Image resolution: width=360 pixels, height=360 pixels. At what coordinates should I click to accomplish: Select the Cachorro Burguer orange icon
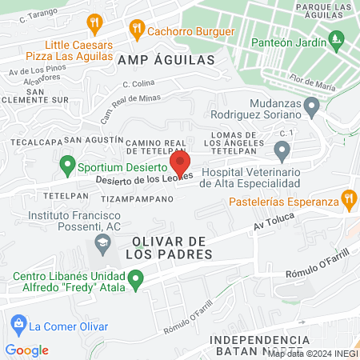pyautogui.click(x=137, y=31)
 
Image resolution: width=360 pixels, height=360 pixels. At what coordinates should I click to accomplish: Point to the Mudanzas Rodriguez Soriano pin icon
pyautogui.click(x=313, y=105)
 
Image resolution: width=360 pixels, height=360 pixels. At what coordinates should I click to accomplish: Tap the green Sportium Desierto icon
pyautogui.click(x=67, y=168)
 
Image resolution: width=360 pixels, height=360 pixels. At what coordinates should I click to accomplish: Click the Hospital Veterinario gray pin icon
pyautogui.click(x=282, y=150)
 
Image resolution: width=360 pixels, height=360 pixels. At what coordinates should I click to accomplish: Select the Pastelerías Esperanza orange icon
pyautogui.click(x=348, y=198)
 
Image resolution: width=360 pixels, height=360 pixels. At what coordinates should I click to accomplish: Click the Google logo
pyautogui.click(x=27, y=350)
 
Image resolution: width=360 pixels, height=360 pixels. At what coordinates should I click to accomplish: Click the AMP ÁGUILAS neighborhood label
pyautogui.click(x=166, y=60)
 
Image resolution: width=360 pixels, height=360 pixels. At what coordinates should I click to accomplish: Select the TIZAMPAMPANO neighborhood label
pyautogui.click(x=138, y=198)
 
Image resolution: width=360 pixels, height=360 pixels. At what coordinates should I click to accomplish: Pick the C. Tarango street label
pyautogui.click(x=41, y=16)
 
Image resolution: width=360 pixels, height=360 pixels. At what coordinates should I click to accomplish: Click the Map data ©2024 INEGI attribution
pyautogui.click(x=313, y=354)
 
